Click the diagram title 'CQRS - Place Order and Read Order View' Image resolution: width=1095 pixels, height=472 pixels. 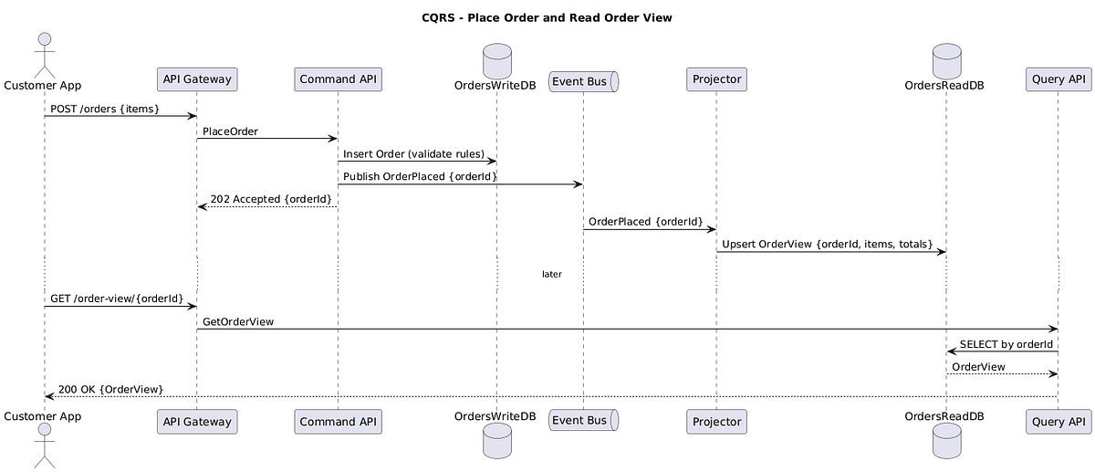pyautogui.click(x=547, y=17)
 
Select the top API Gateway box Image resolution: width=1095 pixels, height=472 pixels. pyautogui.click(x=197, y=80)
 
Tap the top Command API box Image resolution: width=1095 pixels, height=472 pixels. pyautogui.click(x=338, y=80)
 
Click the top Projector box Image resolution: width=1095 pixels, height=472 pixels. pyautogui.click(x=716, y=80)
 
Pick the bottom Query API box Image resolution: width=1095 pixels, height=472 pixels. pyautogui.click(x=1058, y=422)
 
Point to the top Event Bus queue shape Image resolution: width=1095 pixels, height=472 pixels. pyautogui.click(x=583, y=80)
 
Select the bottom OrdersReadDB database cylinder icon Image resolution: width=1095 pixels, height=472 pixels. pyautogui.click(x=946, y=442)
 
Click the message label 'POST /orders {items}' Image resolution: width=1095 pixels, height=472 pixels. pyautogui.click(x=105, y=109)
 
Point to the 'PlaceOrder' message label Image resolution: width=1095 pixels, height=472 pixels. pyautogui.click(x=230, y=131)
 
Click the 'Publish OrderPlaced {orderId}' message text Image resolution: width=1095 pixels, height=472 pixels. pyautogui.click(x=420, y=176)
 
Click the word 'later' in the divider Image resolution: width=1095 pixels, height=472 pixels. pyautogui.click(x=552, y=274)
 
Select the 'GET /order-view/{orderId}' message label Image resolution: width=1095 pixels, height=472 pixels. pyautogui.click(x=117, y=299)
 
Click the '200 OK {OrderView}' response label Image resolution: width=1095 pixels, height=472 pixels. pyautogui.click(x=110, y=389)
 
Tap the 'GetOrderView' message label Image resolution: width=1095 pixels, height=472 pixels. pyautogui.click(x=237, y=321)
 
